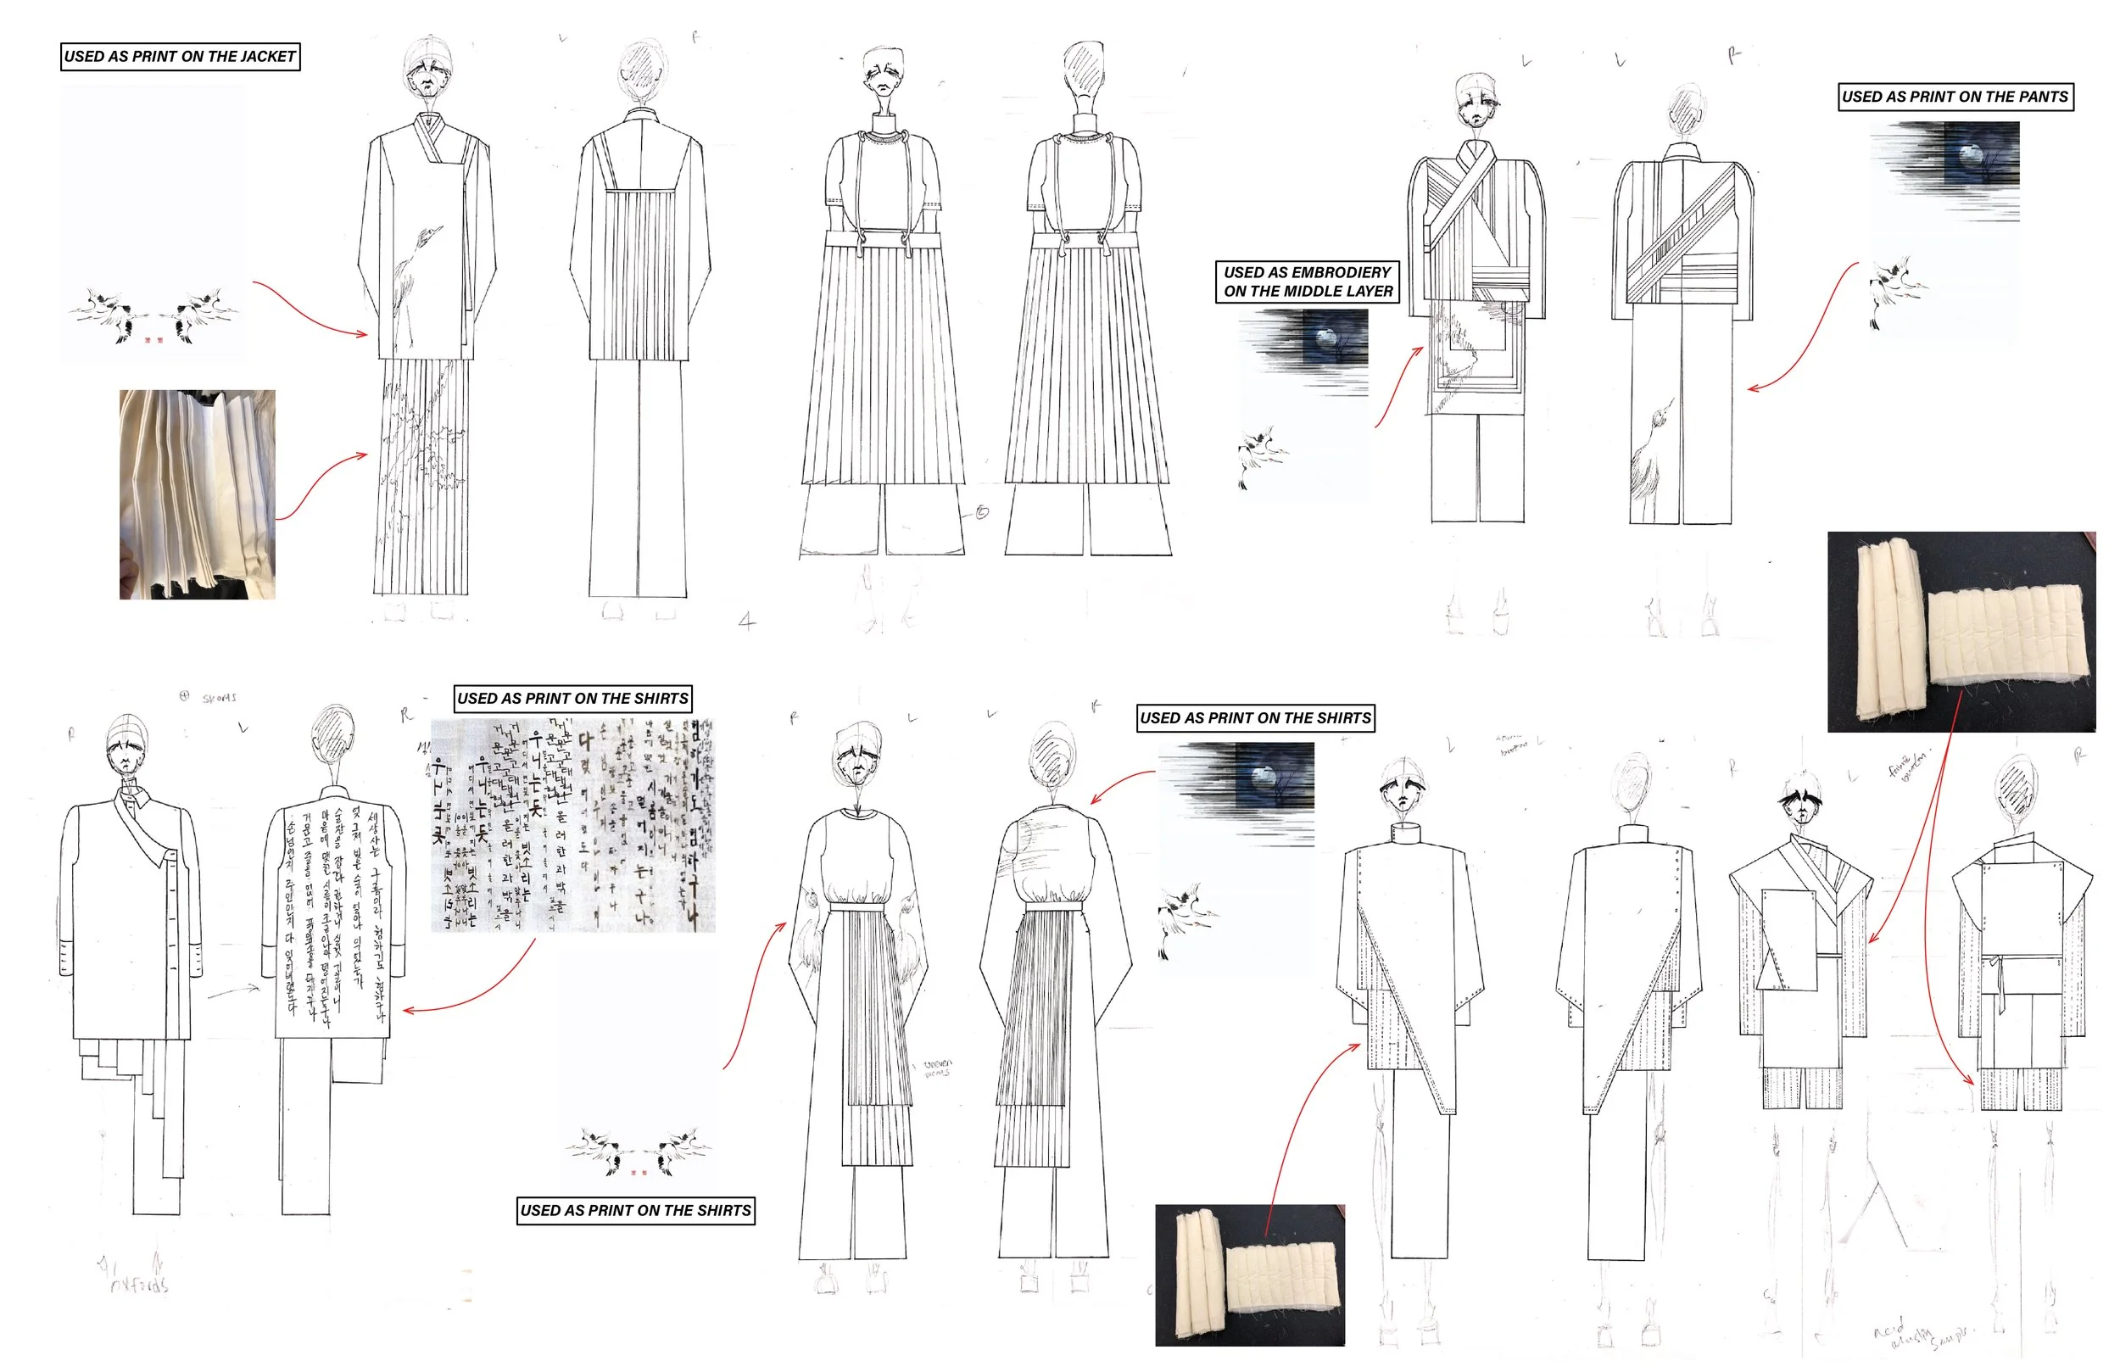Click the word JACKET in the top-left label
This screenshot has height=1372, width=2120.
click(266, 57)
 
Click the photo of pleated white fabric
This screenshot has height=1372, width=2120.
click(198, 494)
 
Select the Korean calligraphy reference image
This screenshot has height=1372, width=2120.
click(572, 825)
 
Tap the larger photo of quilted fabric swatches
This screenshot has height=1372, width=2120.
click(1961, 632)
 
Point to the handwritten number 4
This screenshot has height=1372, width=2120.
click(747, 621)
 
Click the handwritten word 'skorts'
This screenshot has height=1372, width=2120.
click(219, 698)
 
